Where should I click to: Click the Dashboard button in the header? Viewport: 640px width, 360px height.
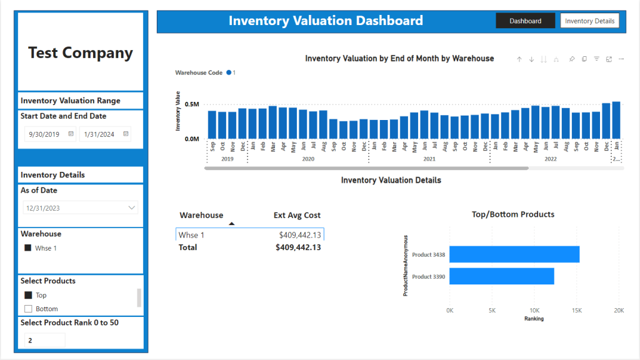click(525, 21)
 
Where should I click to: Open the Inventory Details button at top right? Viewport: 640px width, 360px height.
click(589, 21)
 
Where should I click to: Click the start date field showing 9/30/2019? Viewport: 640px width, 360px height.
click(49, 134)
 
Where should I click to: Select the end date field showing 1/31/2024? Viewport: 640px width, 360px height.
click(105, 134)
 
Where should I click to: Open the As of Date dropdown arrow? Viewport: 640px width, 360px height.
click(131, 207)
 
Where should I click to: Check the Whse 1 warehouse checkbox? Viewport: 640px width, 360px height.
click(27, 247)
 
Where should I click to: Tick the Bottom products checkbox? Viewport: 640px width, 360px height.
click(28, 309)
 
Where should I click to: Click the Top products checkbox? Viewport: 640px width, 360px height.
click(28, 295)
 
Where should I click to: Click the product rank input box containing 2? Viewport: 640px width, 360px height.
click(44, 340)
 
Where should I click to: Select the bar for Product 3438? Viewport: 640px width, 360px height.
click(514, 254)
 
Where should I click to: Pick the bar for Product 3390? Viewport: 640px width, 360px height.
click(502, 276)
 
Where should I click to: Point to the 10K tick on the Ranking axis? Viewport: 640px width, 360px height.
click(534, 311)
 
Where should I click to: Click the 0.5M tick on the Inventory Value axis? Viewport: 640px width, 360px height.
click(192, 104)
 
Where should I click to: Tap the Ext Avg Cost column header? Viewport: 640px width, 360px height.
click(297, 215)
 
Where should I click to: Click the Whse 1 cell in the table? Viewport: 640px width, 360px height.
click(191, 235)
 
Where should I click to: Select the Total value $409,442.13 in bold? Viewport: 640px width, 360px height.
click(298, 247)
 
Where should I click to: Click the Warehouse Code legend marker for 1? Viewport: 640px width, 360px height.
click(229, 72)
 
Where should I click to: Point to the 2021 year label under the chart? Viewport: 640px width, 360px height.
click(429, 159)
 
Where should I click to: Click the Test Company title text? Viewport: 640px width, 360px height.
click(81, 52)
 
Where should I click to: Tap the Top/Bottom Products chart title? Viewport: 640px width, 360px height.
click(513, 214)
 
